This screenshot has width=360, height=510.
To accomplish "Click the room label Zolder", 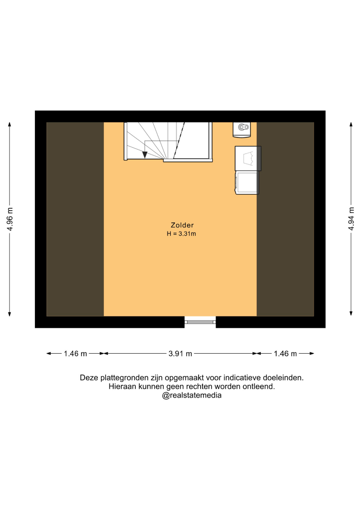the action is [182, 225].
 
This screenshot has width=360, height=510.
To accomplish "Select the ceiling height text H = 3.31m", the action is [181, 234].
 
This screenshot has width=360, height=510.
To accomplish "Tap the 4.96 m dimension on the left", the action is [10, 219].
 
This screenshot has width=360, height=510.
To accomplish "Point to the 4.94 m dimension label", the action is [351, 219].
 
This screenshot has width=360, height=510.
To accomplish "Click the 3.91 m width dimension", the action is [180, 354].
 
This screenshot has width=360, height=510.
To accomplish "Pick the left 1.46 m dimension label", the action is [75, 354].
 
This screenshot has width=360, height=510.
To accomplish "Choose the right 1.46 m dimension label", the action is [285, 354].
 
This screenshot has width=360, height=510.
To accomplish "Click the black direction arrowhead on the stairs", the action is [145, 155].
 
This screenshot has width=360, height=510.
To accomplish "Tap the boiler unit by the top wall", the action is [242, 129].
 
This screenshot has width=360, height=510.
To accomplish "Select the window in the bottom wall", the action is [200, 322].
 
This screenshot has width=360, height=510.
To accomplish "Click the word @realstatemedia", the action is [192, 395].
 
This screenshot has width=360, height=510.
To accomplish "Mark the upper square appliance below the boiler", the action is [248, 158].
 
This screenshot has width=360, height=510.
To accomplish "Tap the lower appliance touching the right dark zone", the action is [247, 182].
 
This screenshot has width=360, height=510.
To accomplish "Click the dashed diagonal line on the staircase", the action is [179, 141].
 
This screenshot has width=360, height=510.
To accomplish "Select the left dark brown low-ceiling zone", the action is [75, 219].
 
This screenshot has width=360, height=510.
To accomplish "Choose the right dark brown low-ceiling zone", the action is [285, 219].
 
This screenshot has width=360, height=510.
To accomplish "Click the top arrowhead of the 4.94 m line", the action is [351, 124].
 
